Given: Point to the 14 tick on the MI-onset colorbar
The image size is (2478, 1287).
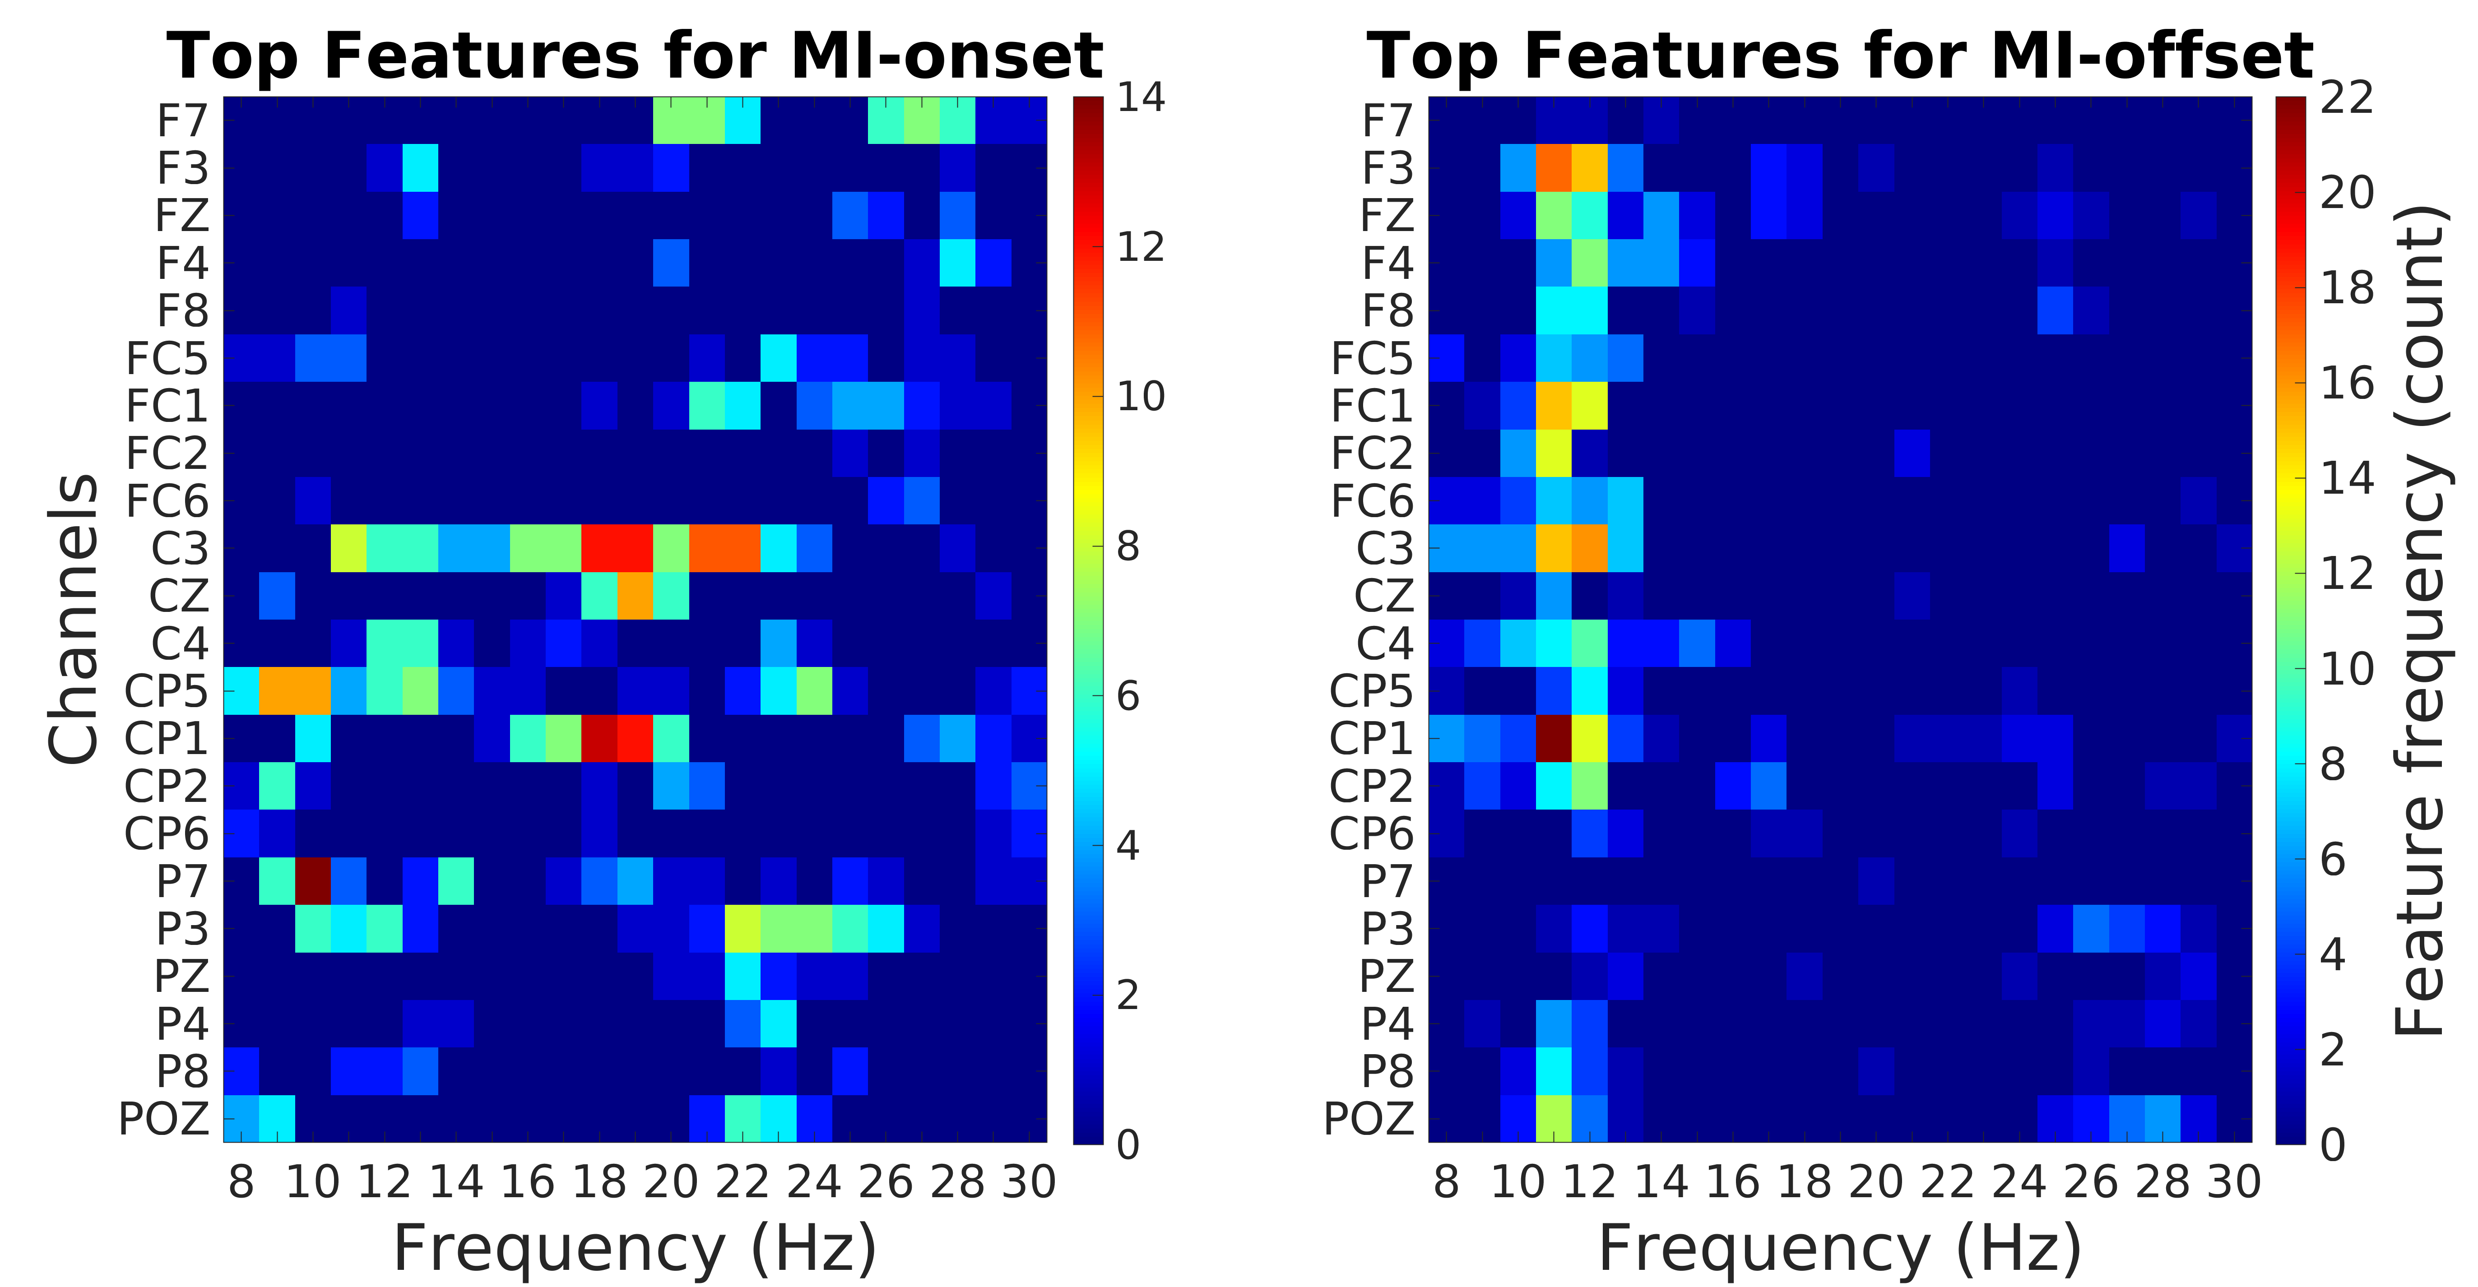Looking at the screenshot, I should [1141, 98].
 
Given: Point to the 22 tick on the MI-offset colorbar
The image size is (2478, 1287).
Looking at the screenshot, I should [2347, 98].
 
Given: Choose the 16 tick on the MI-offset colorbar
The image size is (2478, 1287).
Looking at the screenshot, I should [2347, 383].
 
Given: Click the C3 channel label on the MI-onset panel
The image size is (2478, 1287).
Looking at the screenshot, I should [180, 548].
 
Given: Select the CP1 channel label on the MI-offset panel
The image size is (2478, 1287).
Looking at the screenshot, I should [1371, 739].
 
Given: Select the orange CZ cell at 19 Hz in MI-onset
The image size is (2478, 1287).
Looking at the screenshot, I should [635, 595].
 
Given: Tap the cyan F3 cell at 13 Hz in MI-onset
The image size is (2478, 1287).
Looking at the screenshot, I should [420, 167].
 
